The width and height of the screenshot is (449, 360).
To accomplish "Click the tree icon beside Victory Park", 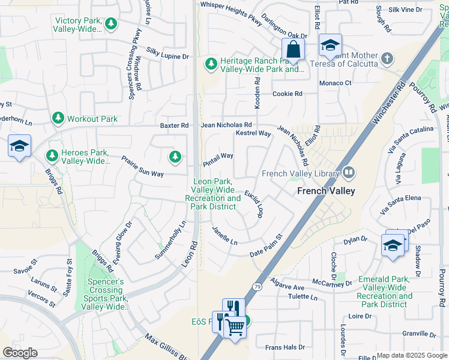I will [110, 24].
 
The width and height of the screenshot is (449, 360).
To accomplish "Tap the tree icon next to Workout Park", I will [58, 119].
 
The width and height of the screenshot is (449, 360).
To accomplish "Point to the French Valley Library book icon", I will [349, 173].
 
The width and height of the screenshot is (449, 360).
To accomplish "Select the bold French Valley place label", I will [326, 191].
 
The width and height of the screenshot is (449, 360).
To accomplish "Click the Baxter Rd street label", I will [174, 125].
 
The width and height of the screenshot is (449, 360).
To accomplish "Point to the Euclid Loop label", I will [254, 204].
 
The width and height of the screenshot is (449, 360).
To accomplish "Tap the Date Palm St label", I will [266, 246].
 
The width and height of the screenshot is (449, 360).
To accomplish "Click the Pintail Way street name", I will [218, 156].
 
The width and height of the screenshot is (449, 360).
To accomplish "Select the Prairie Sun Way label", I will [142, 166].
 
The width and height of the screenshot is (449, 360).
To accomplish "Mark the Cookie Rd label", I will [287, 94].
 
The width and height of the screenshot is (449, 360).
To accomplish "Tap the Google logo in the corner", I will [20, 352].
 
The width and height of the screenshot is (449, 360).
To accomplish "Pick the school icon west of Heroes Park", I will [19, 146].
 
